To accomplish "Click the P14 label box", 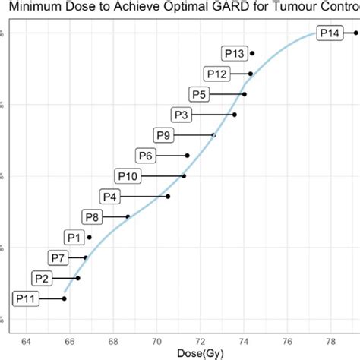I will pyautogui.click(x=330, y=33).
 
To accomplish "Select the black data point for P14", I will pyautogui.click(x=356, y=33).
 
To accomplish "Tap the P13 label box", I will pyautogui.click(x=234, y=53).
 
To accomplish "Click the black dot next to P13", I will pyautogui.click(x=252, y=53).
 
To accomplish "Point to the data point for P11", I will pyautogui.click(x=65, y=298).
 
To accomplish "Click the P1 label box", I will pyautogui.click(x=74, y=237).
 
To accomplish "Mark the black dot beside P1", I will pyautogui.click(x=90, y=237).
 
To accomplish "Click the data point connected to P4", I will pyautogui.click(x=168, y=197).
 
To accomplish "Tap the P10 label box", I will pyautogui.click(x=128, y=176).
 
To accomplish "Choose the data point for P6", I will pyautogui.click(x=188, y=156).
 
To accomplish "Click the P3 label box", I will pyautogui.click(x=182, y=115).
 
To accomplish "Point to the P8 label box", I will pyautogui.click(x=92, y=217).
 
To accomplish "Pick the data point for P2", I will pyautogui.click(x=77, y=278).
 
